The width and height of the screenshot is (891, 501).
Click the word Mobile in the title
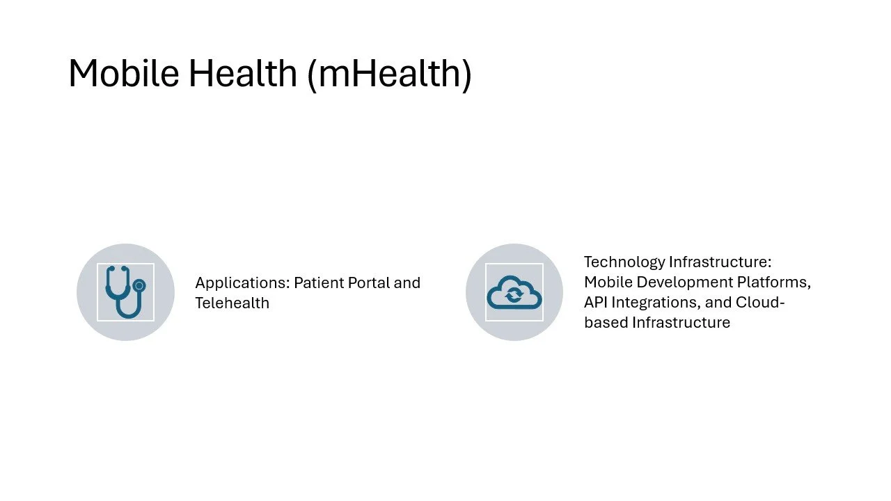[123, 73]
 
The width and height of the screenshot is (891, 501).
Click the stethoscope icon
[125, 292]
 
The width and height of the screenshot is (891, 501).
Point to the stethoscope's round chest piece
[139, 285]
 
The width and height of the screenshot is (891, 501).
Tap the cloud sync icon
[514, 292]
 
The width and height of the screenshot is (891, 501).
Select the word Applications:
[242, 283]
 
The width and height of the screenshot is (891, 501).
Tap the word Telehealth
[232, 303]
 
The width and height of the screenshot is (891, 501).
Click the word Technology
[624, 262]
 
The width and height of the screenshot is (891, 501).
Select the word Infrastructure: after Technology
[720, 262]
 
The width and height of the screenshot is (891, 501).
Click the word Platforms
[775, 283]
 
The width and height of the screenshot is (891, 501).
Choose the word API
[596, 303]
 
